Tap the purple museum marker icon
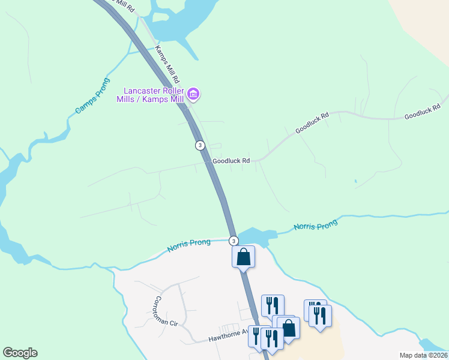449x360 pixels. (x=193, y=94)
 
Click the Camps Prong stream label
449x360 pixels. (x=92, y=96)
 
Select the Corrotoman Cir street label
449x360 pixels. (x=166, y=311)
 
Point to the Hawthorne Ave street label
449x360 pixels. (x=228, y=336)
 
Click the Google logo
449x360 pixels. (x=20, y=353)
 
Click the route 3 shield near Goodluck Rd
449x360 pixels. (x=200, y=145)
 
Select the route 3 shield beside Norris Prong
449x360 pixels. (x=234, y=241)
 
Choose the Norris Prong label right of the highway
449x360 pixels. (x=316, y=226)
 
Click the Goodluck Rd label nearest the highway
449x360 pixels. (x=231, y=161)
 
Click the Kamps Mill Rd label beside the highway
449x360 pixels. (x=167, y=64)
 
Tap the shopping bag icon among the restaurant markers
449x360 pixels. (x=289, y=328)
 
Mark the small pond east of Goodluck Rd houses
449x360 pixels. (x=355, y=181)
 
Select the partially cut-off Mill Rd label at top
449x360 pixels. (x=123, y=6)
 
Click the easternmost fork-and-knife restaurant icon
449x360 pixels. (x=321, y=316)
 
